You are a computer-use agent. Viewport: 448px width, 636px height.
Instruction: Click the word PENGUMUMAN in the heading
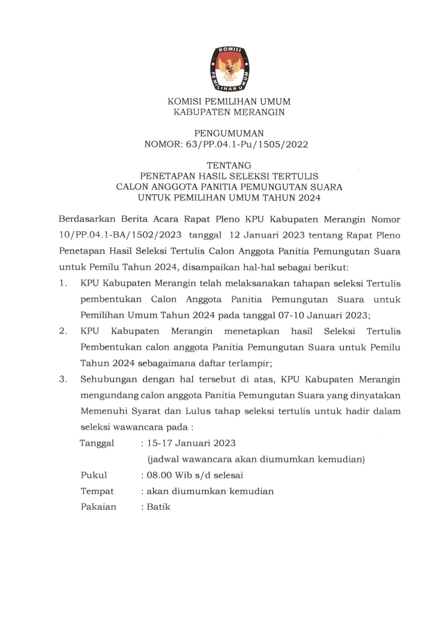click(x=229, y=133)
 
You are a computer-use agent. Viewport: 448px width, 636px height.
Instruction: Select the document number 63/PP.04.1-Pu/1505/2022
click(x=246, y=144)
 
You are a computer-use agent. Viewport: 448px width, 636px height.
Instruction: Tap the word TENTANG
click(x=229, y=165)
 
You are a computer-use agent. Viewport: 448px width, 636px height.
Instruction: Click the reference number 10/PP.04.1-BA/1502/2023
click(x=120, y=235)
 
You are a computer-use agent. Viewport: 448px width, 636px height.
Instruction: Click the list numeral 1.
click(x=63, y=283)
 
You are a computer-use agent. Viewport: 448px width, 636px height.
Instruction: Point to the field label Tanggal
click(x=97, y=443)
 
